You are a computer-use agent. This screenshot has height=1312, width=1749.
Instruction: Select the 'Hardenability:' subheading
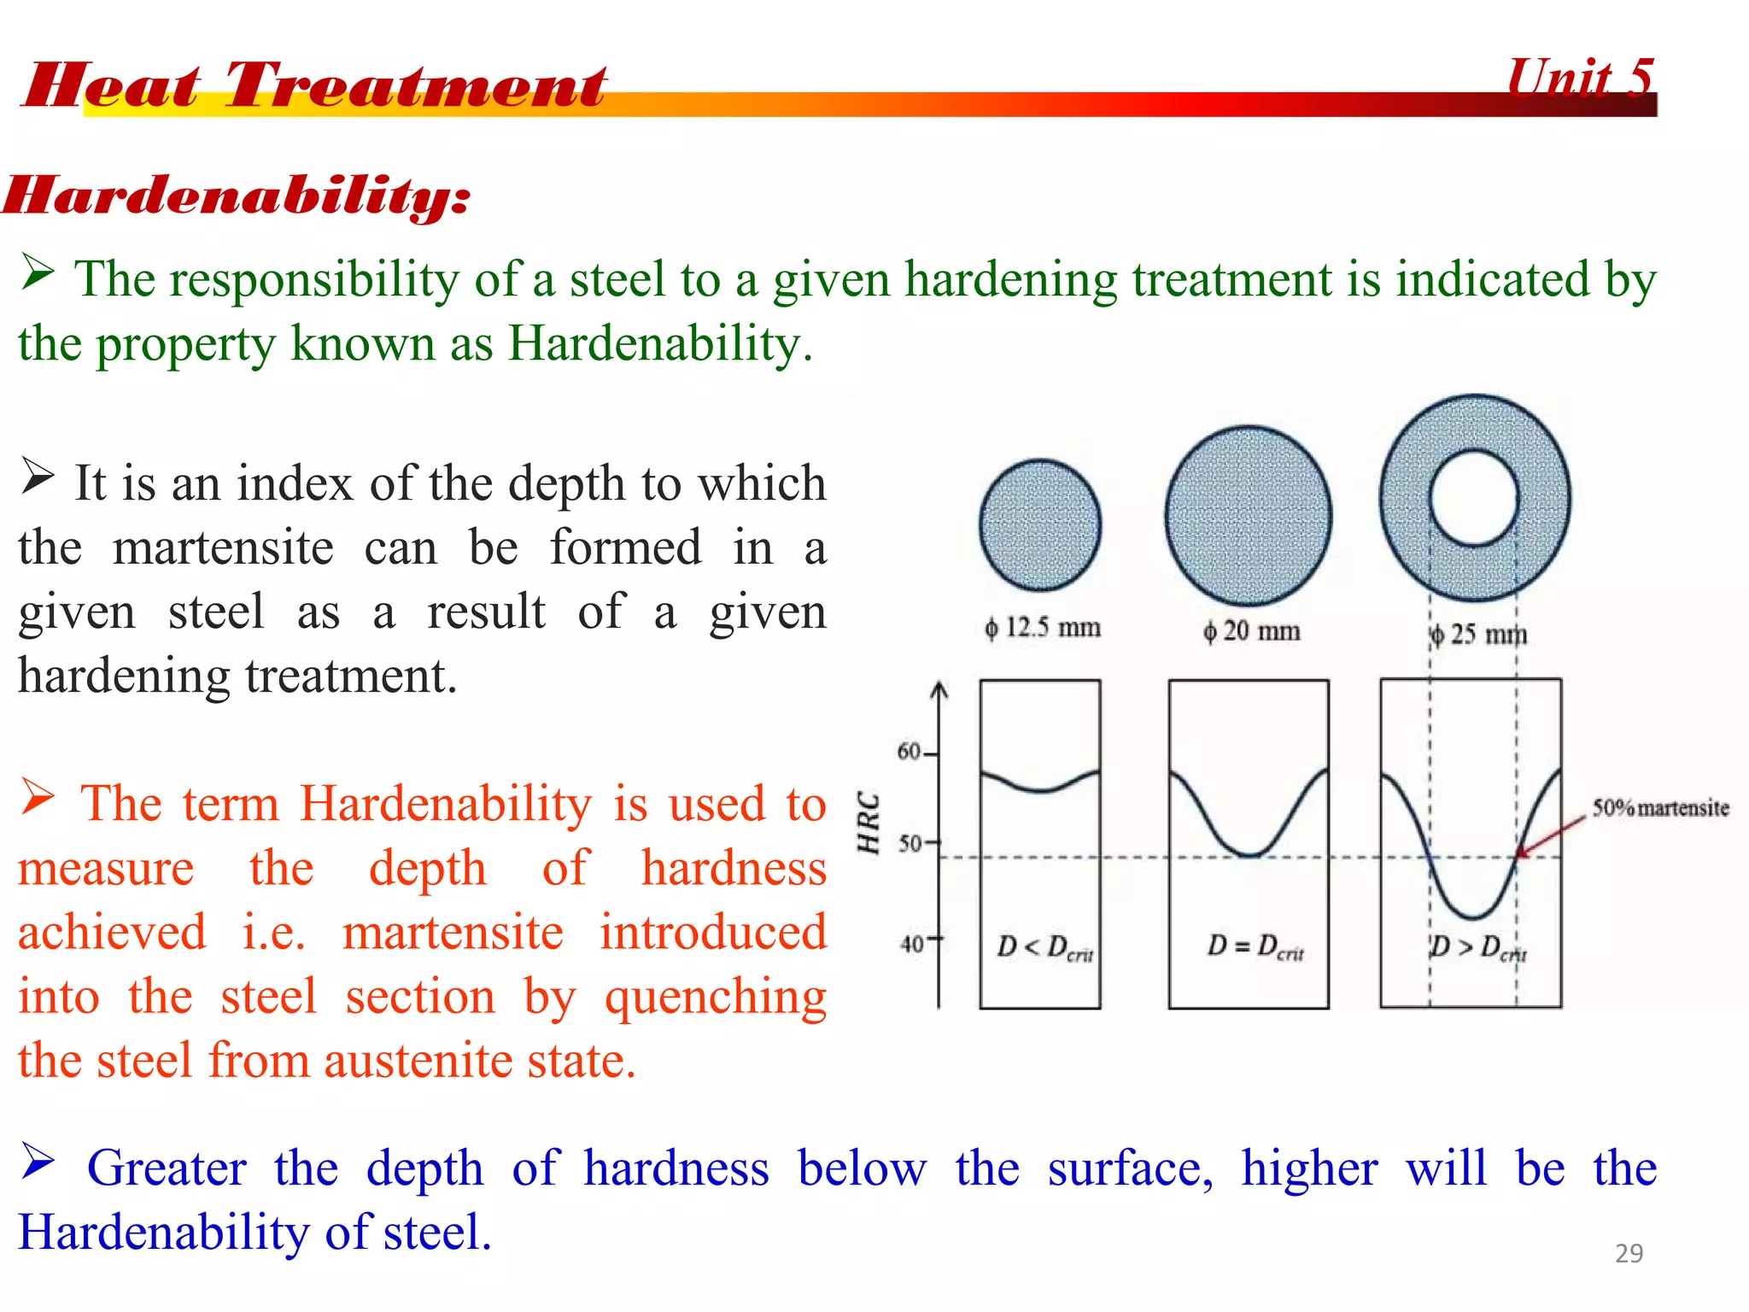[x=237, y=196]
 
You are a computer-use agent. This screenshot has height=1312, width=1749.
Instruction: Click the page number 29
[x=1629, y=1253]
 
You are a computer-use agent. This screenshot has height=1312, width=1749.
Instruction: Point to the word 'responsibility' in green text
[x=314, y=279]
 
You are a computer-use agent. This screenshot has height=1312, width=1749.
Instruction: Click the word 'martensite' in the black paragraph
[x=223, y=548]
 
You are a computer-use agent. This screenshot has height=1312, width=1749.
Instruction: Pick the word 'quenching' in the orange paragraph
[x=716, y=997]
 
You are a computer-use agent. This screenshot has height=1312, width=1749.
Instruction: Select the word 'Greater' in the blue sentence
[x=167, y=1168]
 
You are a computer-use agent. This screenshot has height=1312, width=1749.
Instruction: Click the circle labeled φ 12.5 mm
[x=1040, y=525]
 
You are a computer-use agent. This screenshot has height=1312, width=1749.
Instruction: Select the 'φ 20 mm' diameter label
[x=1252, y=631]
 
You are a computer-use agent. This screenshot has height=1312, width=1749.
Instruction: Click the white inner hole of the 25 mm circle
[x=1474, y=498]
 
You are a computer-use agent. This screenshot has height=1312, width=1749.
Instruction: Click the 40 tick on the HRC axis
[x=912, y=944]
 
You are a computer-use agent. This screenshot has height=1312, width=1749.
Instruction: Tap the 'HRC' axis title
[x=869, y=822]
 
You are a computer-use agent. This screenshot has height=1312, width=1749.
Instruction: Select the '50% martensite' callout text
[x=1660, y=808]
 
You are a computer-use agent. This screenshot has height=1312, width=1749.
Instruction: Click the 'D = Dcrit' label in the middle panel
[x=1255, y=946]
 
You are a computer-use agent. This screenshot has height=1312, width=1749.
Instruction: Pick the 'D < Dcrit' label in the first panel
[x=1044, y=947]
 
